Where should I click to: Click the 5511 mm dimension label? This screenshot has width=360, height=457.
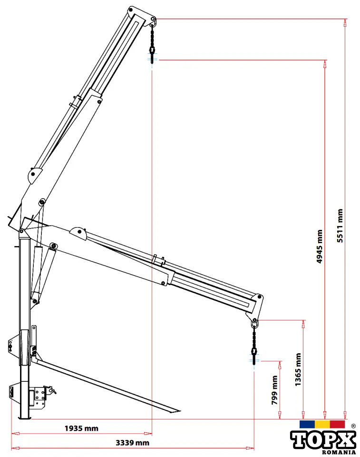pyautogui.click(x=340, y=226)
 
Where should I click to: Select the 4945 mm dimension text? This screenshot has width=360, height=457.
pyautogui.click(x=320, y=246)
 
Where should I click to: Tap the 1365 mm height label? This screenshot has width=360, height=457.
pyautogui.click(x=298, y=369)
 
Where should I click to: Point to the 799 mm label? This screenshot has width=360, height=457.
pyautogui.click(x=275, y=390)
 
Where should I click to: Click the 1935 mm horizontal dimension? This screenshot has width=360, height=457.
pyautogui.click(x=81, y=428)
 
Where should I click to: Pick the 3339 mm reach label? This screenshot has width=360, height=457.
pyautogui.click(x=133, y=443)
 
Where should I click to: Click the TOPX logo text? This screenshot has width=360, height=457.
pyautogui.click(x=323, y=440)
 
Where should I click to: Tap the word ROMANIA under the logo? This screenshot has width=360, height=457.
pyautogui.click(x=339, y=452)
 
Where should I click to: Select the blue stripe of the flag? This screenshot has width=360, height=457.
pyautogui.click(x=307, y=424)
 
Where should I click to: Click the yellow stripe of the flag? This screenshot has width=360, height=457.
pyautogui.click(x=322, y=424)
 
